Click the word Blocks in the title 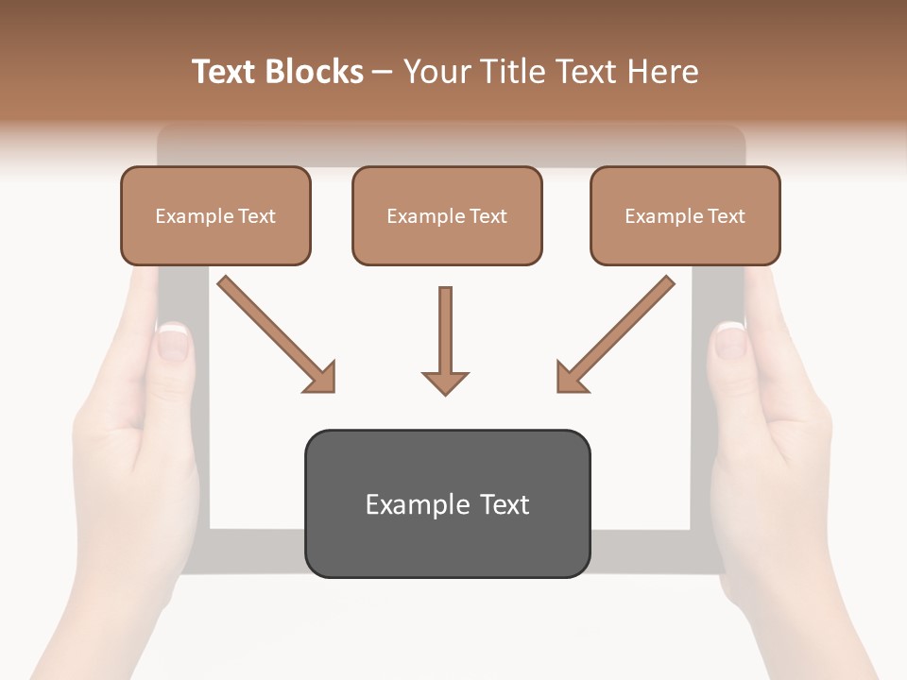314,72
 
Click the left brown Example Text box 215,215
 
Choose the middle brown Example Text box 447,215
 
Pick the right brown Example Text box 685,215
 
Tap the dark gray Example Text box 447,504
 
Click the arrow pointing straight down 445,340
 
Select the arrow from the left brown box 274,332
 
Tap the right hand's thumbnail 729,340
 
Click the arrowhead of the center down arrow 445,382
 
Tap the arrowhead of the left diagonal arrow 322,378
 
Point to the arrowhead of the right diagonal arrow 570,378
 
